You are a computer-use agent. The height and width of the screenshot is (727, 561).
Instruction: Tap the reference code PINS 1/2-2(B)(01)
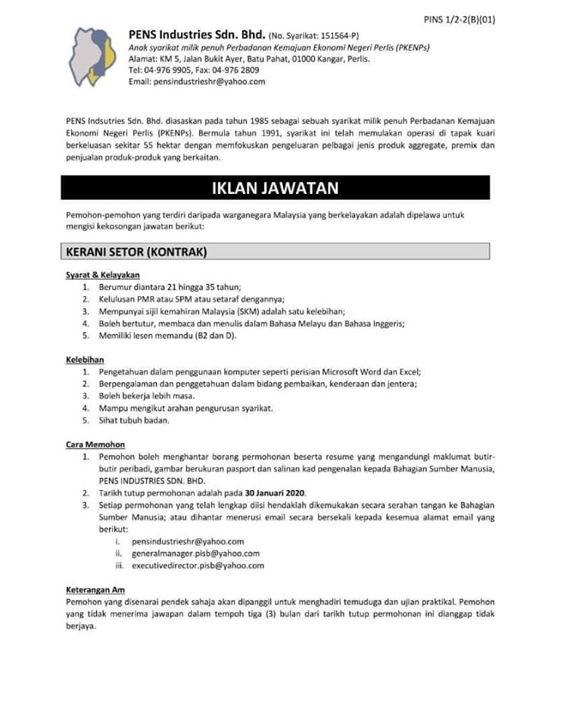pos(458,20)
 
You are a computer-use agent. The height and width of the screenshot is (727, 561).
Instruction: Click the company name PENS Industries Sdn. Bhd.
pos(197,35)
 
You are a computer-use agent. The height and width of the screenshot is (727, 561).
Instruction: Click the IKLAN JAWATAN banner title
pos(275,187)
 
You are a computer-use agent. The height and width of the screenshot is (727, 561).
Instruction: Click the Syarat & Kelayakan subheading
pos(102,275)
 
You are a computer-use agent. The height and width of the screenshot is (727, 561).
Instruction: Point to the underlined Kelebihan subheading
pos(85,360)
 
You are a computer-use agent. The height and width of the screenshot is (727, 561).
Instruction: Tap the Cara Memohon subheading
pos(95,445)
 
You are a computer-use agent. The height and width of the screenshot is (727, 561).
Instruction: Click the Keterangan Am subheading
pos(95,589)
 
